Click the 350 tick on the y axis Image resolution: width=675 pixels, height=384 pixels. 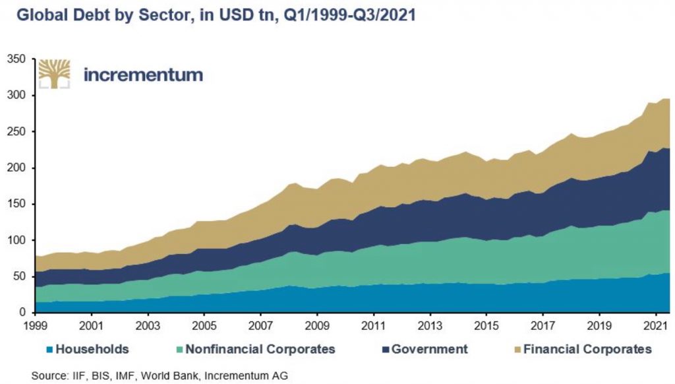(16, 59)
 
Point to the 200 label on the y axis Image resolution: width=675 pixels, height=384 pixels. (16, 168)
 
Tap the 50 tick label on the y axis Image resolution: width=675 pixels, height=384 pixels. (19, 276)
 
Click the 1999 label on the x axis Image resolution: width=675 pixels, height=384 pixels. (35, 326)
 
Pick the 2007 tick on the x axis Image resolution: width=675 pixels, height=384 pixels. (261, 326)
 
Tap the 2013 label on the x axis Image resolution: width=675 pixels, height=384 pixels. (430, 326)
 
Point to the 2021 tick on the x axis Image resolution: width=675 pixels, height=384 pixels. (655, 326)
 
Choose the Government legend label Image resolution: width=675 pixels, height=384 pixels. (429, 349)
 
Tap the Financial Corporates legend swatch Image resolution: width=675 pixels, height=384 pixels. (517, 349)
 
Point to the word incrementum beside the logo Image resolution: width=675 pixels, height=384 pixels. (143, 75)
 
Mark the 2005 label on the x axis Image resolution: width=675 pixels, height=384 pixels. (204, 326)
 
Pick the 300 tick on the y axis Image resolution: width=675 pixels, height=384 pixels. (16, 96)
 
